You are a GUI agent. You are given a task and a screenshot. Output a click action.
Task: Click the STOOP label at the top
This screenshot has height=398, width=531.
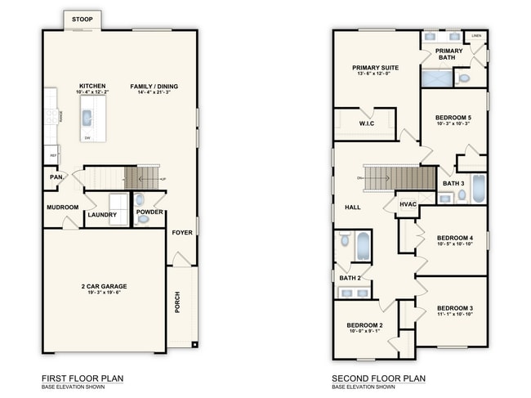point(82,19)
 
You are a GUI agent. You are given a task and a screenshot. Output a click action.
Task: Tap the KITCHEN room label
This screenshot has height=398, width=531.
point(92,86)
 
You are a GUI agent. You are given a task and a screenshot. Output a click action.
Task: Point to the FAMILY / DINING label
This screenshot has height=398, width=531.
point(154,86)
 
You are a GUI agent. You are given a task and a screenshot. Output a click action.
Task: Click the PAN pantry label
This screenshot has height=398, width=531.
point(56,177)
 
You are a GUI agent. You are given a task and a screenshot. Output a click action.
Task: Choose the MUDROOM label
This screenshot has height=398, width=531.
point(62,208)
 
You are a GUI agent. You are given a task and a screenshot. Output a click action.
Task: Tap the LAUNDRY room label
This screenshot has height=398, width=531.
point(103,215)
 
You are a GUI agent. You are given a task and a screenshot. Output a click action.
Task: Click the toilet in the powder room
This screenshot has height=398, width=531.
point(139,199)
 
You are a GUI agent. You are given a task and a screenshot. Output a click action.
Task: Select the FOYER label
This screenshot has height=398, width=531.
point(182,232)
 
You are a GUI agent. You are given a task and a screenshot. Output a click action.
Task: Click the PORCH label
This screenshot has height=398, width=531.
point(178,302)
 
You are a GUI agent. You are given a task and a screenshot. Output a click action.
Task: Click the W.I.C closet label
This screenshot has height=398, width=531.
point(367,123)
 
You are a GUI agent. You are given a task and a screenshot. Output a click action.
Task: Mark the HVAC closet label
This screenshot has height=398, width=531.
point(408,203)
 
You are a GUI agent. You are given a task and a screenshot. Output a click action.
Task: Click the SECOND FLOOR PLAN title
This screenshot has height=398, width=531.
point(378,378)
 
